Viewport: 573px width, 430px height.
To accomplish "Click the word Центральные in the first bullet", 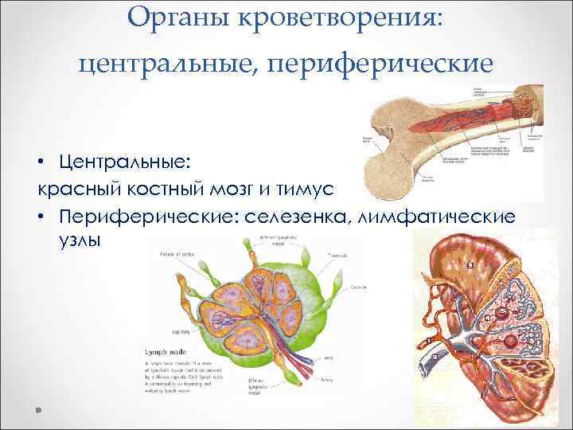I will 123,162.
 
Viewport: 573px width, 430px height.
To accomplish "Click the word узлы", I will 80,240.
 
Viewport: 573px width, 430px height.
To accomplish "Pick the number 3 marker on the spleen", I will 470,264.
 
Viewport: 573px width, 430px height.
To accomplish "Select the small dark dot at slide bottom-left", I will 38,409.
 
